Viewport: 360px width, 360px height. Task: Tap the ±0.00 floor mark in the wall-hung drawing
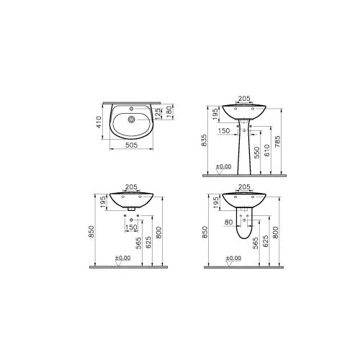click(x=122, y=257)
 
